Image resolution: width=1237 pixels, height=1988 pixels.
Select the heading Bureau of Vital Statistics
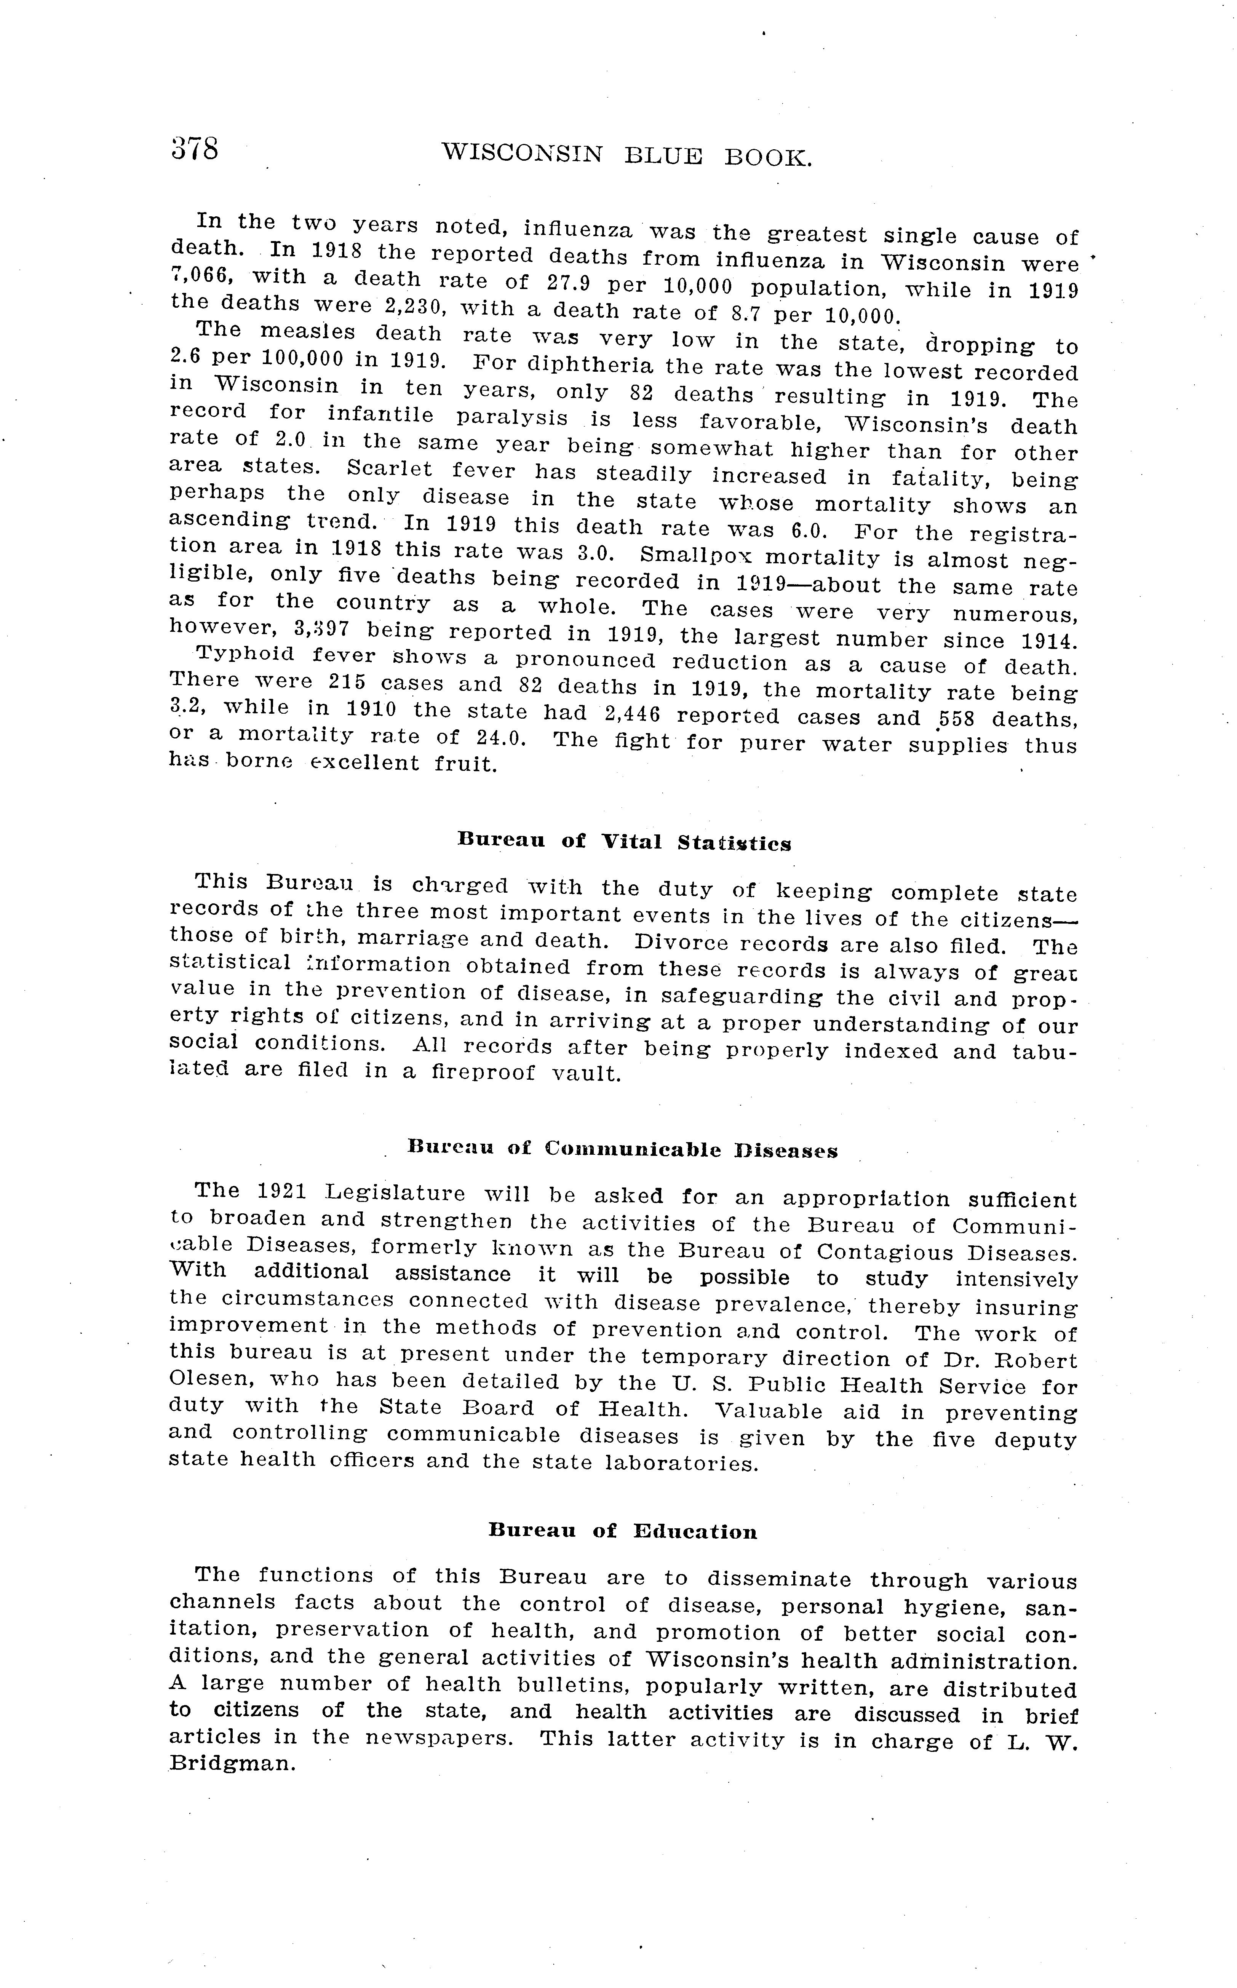(x=624, y=842)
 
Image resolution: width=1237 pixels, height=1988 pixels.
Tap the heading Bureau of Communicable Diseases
(x=623, y=1149)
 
